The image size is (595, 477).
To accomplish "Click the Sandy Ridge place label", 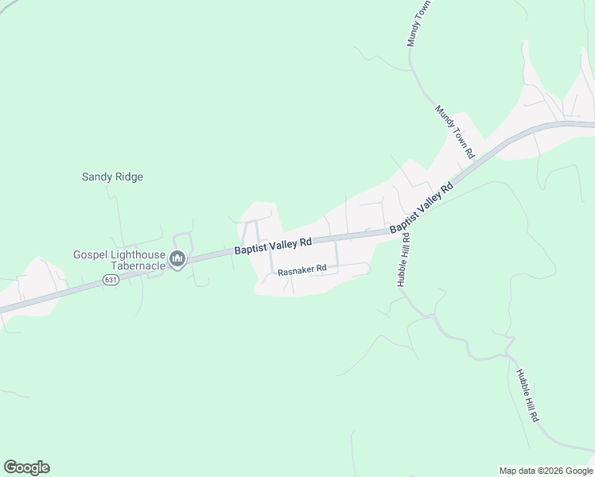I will [x=112, y=176].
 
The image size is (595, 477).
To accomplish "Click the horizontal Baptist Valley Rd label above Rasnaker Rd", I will [x=272, y=246].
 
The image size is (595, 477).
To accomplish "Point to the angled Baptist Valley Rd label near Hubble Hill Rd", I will [x=421, y=206].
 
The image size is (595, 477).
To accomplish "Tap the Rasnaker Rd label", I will [x=302, y=270].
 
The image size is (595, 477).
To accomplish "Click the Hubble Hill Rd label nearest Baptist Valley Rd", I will [x=403, y=259].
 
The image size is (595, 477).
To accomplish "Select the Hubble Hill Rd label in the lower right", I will [x=527, y=396].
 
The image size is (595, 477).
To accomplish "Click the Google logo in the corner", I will [x=26, y=467].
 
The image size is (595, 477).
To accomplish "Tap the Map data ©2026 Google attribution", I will [x=546, y=471].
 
